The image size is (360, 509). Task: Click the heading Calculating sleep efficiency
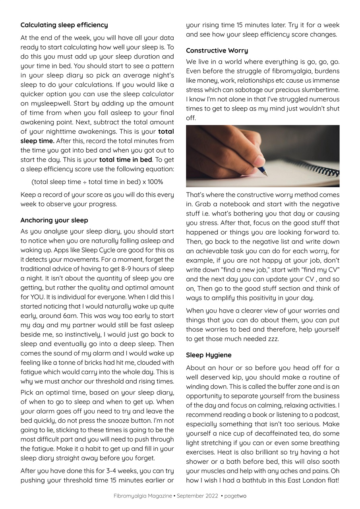(64, 25)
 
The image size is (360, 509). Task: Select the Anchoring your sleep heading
(54, 220)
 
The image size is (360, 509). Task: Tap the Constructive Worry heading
(217, 51)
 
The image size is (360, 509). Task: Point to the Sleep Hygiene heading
(209, 355)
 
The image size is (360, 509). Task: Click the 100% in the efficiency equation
(155, 182)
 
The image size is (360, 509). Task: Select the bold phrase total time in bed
(126, 160)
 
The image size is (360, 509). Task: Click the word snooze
(117, 421)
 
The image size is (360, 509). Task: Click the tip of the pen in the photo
(266, 175)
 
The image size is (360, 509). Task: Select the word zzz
(273, 339)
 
